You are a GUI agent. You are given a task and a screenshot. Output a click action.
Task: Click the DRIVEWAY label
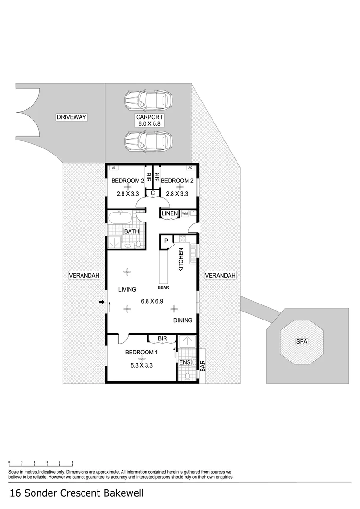[71, 117]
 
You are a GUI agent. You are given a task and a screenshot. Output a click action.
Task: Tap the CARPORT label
[149, 117]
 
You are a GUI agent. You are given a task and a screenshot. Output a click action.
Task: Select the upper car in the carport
[147, 100]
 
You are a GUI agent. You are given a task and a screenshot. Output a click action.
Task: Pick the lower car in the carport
[147, 141]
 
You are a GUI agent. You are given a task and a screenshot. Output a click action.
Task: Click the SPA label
[302, 342]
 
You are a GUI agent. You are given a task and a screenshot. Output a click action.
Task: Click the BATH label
[131, 231]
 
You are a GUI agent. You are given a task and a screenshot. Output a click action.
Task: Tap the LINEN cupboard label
[170, 214]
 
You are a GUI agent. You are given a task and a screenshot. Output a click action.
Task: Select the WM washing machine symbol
[185, 214]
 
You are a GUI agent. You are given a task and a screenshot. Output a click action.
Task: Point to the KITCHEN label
[180, 260]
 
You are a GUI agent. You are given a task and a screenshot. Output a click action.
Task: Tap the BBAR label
[164, 287]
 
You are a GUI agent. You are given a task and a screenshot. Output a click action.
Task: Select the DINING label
[183, 320]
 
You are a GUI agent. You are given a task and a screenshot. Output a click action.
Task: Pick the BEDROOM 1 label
[139, 352]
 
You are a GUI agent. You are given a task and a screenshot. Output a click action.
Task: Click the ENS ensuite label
[184, 362]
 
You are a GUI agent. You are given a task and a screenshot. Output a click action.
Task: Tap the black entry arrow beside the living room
[101, 302]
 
